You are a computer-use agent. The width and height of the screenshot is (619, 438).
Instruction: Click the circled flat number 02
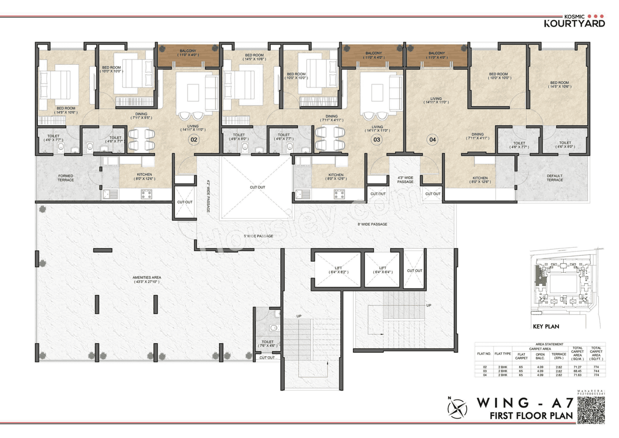pos(194,140)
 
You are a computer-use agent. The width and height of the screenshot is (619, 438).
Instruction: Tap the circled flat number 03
pos(376,140)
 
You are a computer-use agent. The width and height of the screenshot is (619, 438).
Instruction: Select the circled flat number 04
pos(432,140)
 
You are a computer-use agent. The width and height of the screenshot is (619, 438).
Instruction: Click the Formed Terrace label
pos(66,178)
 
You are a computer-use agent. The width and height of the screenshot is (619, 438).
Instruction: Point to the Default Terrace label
pos(555,178)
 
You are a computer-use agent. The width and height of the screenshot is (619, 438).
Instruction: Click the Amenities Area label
pos(147,280)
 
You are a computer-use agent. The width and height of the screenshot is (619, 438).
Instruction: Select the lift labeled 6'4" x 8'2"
pos(339,270)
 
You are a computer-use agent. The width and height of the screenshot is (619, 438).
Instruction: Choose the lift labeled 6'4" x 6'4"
pos(383,270)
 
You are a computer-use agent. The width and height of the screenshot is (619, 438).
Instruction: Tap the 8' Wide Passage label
pos(372,224)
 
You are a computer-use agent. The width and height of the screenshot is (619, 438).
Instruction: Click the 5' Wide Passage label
pos(258,236)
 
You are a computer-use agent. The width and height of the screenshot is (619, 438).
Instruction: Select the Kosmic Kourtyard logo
pos(575,20)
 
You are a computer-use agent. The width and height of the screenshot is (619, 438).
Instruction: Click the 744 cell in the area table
pos(596,371)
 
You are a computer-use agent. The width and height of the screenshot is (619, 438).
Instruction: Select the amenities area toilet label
pos(267,344)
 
